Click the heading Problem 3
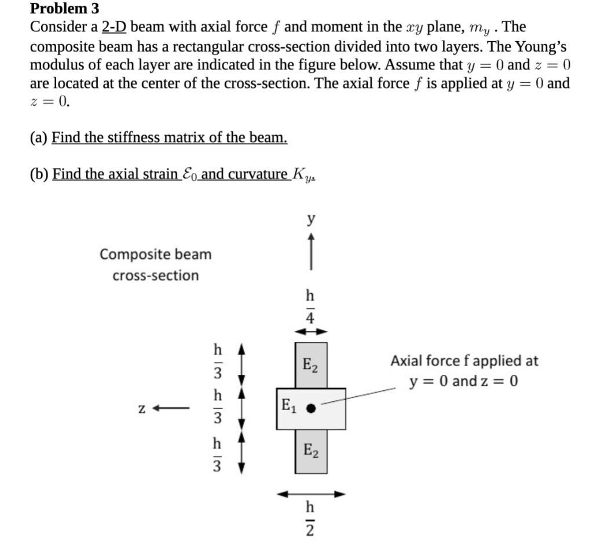pyautogui.click(x=64, y=9)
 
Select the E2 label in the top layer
pyautogui.click(x=311, y=366)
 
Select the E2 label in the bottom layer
pyautogui.click(x=311, y=450)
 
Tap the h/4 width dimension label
pyautogui.click(x=311, y=306)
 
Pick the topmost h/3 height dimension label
pyautogui.click(x=218, y=359)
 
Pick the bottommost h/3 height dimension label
pyautogui.click(x=218, y=456)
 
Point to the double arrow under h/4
pyautogui.click(x=311, y=332)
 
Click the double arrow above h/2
pyautogui.click(x=311, y=494)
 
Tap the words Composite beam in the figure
pyautogui.click(x=155, y=254)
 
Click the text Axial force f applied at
pyautogui.click(x=464, y=361)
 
